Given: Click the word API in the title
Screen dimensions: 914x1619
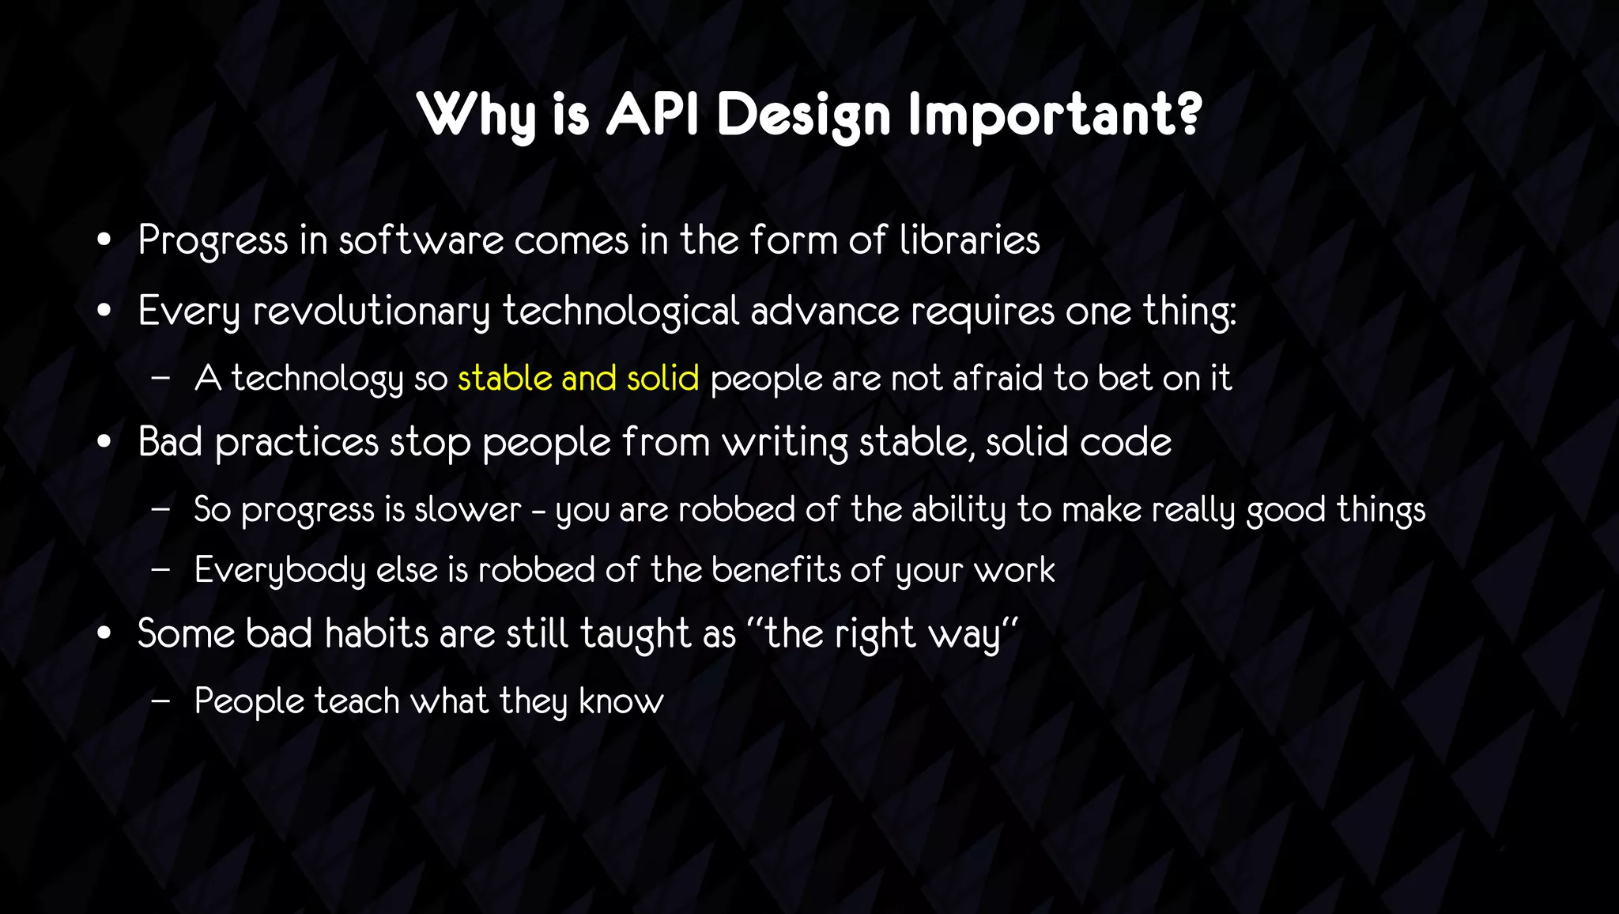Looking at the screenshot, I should [652, 115].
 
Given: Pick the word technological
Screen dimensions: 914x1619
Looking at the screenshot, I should [621, 311].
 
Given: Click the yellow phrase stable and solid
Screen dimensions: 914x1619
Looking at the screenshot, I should [578, 378].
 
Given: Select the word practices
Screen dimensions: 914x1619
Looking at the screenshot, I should [297, 443].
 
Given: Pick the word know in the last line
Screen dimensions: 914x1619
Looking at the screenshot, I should [621, 701].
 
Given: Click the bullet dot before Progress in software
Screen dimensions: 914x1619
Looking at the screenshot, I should [104, 240].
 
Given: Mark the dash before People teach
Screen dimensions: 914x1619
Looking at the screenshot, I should [160, 701].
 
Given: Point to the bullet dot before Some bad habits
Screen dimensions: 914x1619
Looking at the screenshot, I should [104, 634].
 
